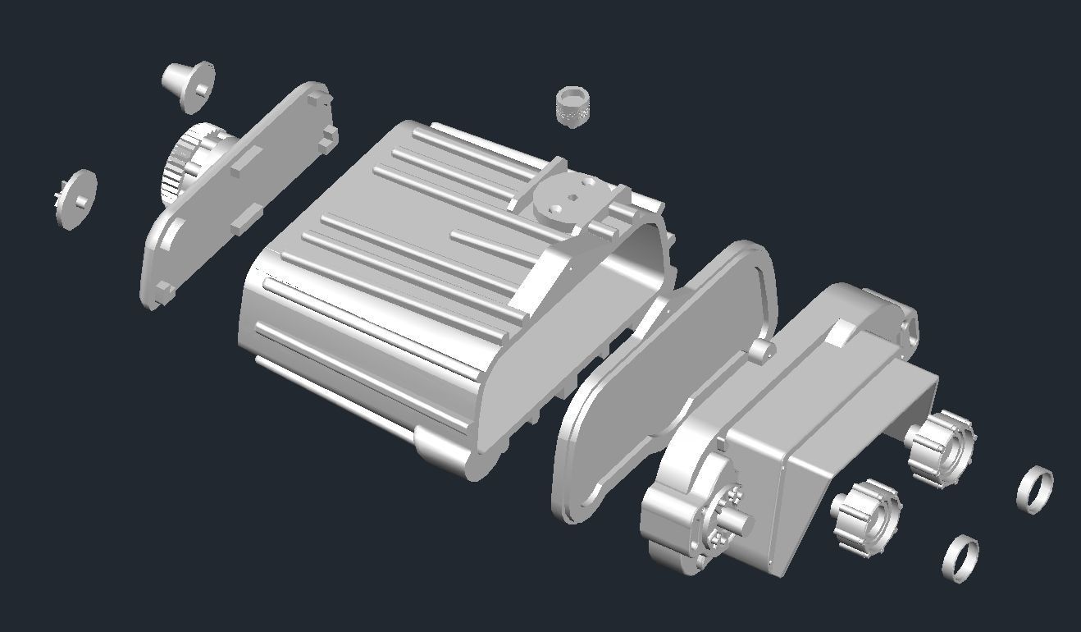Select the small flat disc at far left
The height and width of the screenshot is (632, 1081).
(76, 199)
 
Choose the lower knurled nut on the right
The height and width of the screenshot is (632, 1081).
(866, 516)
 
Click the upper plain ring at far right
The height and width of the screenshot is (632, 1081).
(1034, 489)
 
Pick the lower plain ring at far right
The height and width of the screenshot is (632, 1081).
(960, 559)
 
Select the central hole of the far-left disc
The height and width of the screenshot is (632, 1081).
(82, 198)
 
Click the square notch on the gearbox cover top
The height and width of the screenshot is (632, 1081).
(840, 332)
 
